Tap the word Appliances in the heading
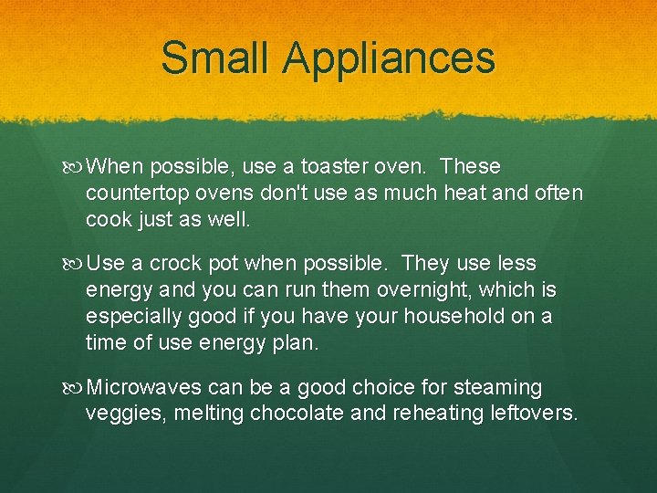(x=388, y=59)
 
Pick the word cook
(x=106, y=220)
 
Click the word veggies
(x=120, y=414)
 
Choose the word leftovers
(x=534, y=413)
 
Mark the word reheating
(x=435, y=414)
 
